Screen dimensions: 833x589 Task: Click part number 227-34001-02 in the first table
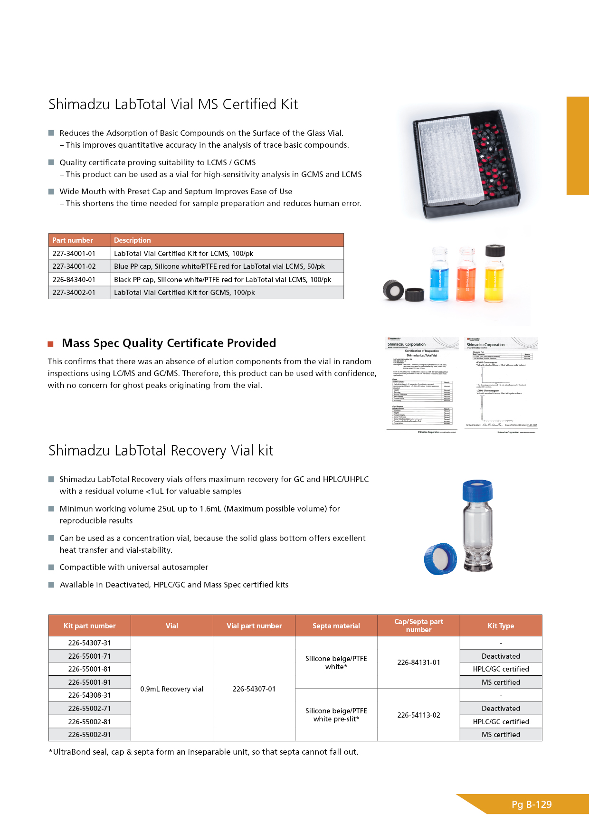[74, 266]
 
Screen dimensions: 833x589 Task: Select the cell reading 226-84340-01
[74, 280]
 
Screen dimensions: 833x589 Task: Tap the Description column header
[132, 240]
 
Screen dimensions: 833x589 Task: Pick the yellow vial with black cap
[494, 273]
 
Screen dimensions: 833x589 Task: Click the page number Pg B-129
[532, 805]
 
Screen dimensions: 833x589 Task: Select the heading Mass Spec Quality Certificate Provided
[169, 343]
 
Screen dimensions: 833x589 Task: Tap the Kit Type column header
[501, 626]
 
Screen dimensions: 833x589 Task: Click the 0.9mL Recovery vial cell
[172, 689]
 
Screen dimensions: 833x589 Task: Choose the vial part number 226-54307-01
[254, 689]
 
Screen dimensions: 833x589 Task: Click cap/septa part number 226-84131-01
[418, 663]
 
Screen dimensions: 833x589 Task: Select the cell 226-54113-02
[418, 715]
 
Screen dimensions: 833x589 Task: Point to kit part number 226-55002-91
[89, 735]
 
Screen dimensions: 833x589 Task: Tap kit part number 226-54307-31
[89, 643]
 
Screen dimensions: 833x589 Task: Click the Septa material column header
[336, 626]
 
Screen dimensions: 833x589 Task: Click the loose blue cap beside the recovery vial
[441, 559]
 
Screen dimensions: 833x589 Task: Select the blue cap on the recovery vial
[477, 490]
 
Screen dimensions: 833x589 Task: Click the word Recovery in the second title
[198, 451]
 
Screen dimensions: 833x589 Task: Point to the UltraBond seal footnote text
[203, 752]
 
